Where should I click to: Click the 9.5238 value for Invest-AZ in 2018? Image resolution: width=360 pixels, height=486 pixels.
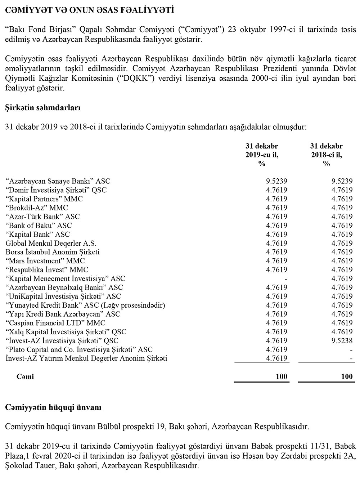[342, 341]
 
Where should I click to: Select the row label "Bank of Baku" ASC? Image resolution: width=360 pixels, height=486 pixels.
[39, 226]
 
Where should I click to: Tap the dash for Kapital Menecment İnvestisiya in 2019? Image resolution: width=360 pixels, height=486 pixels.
[285, 278]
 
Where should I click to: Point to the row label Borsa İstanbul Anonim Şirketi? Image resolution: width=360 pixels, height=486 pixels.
[53, 252]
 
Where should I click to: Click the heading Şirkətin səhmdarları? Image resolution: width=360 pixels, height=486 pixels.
[42, 108]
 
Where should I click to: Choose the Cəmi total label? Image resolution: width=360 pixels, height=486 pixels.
[25, 377]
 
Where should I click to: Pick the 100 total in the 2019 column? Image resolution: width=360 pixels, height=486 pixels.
[282, 377]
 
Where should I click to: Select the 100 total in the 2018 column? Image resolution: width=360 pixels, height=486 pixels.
[347, 377]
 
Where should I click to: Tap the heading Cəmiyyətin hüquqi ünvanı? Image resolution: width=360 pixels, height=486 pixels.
[53, 408]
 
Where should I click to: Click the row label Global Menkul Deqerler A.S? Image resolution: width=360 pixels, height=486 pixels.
[51, 243]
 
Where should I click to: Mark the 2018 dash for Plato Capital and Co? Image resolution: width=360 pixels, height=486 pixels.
[351, 349]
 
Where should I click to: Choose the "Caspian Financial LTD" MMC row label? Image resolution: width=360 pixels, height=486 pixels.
[55, 323]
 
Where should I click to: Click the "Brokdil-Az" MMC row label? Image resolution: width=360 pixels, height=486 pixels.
[37, 208]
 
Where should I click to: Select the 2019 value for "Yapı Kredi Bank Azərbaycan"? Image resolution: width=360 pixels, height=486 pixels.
[276, 314]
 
